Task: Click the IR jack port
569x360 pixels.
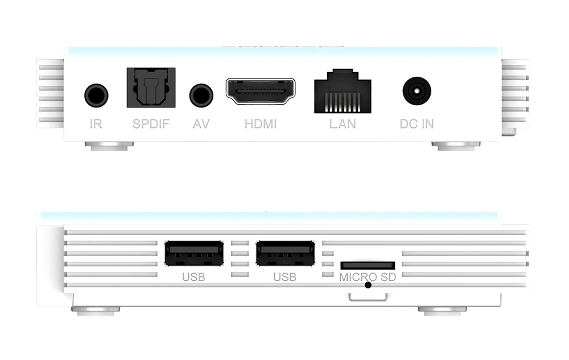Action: click(x=96, y=96)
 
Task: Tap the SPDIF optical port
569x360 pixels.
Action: click(x=151, y=88)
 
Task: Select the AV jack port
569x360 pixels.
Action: click(x=201, y=96)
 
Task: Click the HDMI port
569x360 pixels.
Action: click(x=261, y=91)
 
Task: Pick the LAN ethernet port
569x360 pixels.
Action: click(x=343, y=91)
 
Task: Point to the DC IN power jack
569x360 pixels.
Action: click(x=417, y=90)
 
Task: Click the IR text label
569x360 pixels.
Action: click(x=96, y=124)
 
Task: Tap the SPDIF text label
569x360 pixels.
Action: click(x=151, y=124)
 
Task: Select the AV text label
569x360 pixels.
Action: click(x=201, y=124)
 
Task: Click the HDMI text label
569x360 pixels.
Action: click(x=261, y=124)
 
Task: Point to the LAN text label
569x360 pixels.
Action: click(x=343, y=124)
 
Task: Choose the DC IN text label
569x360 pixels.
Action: click(x=417, y=124)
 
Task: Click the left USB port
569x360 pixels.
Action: click(x=194, y=253)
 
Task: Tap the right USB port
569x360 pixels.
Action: click(x=285, y=253)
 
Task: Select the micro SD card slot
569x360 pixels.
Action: click(x=368, y=266)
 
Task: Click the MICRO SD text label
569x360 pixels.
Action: click(x=368, y=277)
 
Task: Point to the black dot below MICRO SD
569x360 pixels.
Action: click(x=368, y=285)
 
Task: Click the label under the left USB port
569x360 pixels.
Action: click(x=194, y=277)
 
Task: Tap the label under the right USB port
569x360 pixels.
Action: click(x=285, y=277)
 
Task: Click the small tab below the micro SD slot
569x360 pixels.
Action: click(x=368, y=297)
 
